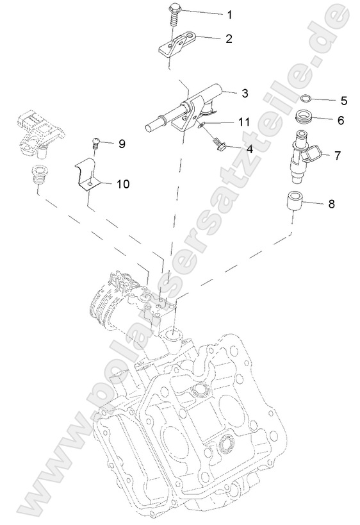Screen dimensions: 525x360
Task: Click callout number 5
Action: [x=343, y=101]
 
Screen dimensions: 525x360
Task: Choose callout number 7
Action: [x=337, y=156]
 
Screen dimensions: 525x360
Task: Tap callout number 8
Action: [x=331, y=204]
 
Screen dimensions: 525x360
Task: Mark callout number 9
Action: [x=122, y=144]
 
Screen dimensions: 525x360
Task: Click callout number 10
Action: [x=122, y=184]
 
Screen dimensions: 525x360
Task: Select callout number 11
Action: [x=243, y=122]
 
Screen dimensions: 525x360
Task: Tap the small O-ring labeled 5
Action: [x=307, y=99]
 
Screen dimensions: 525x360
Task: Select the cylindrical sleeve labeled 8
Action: [x=294, y=202]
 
